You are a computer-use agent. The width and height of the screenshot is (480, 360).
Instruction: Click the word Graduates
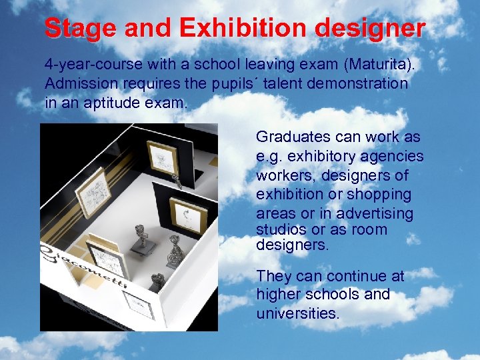[x=293, y=137]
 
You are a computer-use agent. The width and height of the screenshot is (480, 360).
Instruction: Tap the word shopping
[x=378, y=195]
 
